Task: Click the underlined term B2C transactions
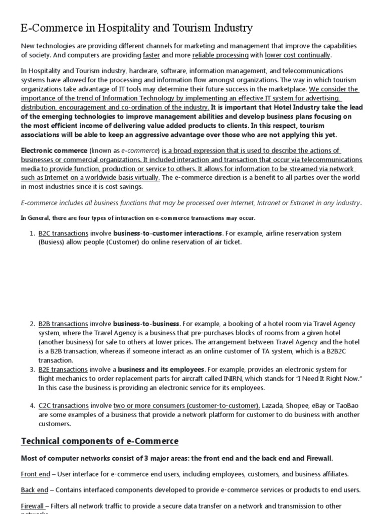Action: click(x=63, y=233)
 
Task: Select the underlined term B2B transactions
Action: click(x=63, y=324)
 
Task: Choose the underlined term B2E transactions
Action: click(x=63, y=369)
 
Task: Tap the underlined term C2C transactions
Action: click(x=63, y=406)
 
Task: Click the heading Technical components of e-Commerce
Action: click(x=99, y=441)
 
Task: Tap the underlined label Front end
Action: click(x=36, y=474)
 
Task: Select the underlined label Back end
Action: click(x=35, y=490)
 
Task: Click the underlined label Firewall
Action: click(x=34, y=506)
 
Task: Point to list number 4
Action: click(x=32, y=406)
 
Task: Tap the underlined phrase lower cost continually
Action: click(x=298, y=55)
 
